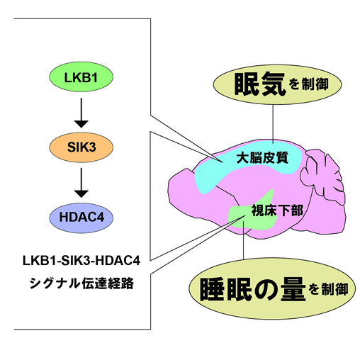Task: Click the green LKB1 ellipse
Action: (x=81, y=77)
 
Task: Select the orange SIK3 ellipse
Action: (x=81, y=147)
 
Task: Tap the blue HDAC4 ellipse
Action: (x=81, y=218)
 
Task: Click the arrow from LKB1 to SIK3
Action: (x=81, y=113)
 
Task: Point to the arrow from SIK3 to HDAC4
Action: (x=81, y=183)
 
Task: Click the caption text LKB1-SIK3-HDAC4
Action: (x=81, y=261)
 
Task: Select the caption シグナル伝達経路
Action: (x=81, y=283)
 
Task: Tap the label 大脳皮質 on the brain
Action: (x=262, y=157)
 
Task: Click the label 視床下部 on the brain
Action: (x=277, y=210)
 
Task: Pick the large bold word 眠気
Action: (x=260, y=84)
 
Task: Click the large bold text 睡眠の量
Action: (x=253, y=289)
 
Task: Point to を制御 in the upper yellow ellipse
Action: (x=308, y=84)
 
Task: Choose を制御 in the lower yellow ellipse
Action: (x=328, y=289)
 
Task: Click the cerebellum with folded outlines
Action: (x=322, y=176)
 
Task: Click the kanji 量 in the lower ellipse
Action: (x=293, y=289)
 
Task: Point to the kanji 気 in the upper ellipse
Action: (x=274, y=84)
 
